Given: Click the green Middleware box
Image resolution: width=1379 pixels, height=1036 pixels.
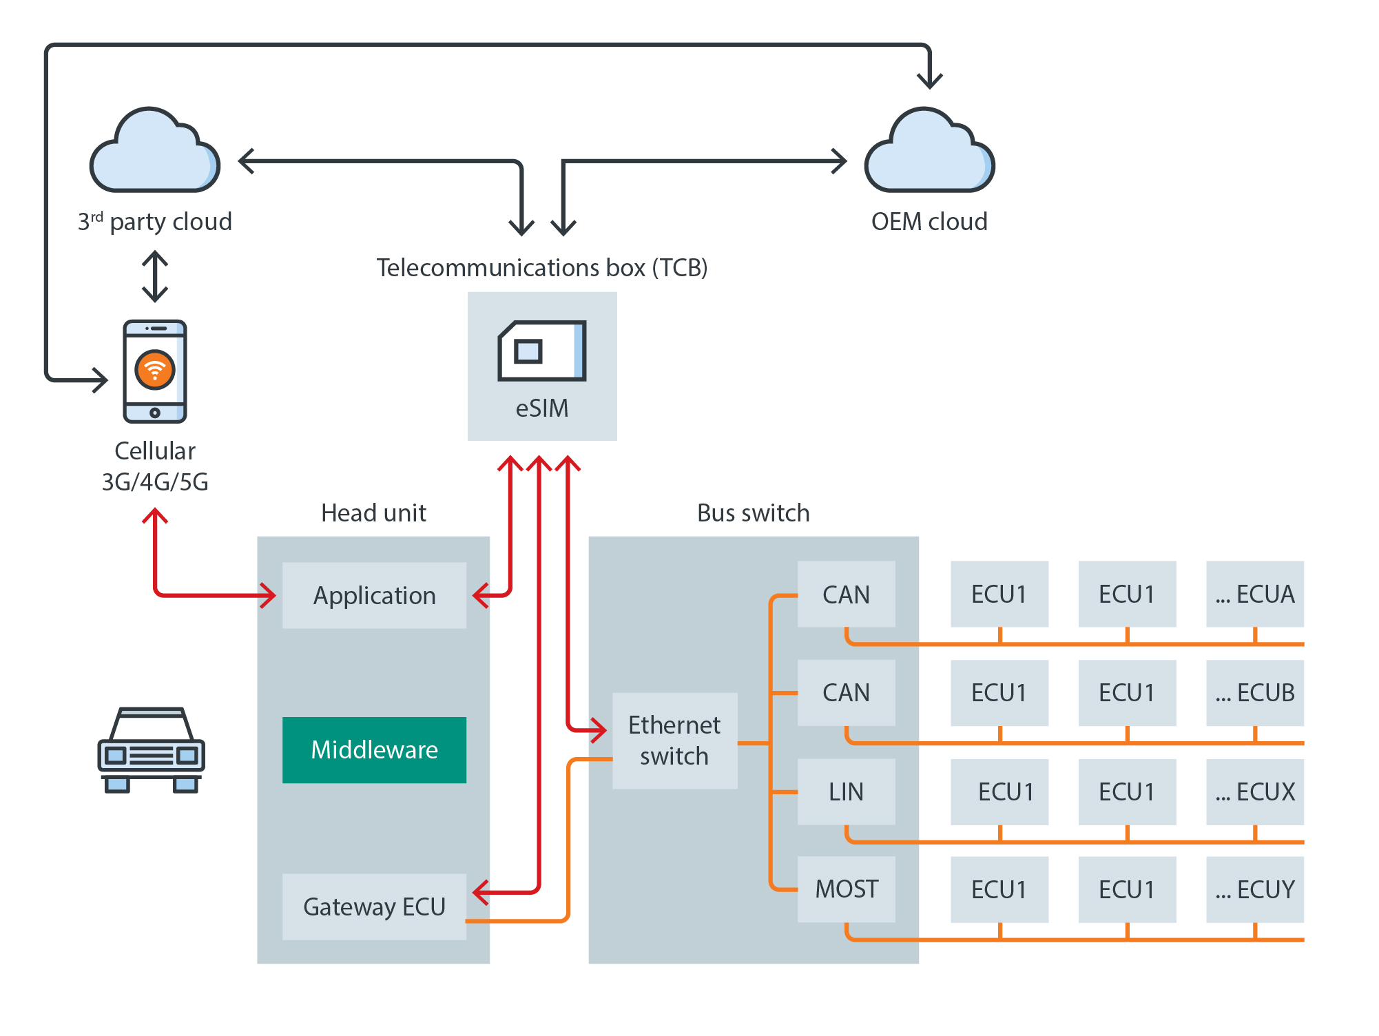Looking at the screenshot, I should (x=374, y=749).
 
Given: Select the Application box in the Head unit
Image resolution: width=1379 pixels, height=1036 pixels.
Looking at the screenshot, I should (x=374, y=595).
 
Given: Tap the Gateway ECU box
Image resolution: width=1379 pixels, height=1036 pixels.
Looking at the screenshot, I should (x=374, y=906).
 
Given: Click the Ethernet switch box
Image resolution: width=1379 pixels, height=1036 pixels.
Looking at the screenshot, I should (x=674, y=740).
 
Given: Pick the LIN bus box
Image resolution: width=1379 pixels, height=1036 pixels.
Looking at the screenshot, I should (x=846, y=791).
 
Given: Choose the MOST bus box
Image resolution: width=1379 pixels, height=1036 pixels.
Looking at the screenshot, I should (x=846, y=889).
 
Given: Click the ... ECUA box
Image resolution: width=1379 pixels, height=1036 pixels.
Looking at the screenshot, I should (x=1254, y=594).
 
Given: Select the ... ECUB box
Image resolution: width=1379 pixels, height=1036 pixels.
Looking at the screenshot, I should (x=1254, y=692).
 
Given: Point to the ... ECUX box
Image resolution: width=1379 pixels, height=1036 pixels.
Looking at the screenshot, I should (x=1254, y=791).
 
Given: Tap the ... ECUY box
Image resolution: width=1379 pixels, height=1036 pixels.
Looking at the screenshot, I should (x=1254, y=889).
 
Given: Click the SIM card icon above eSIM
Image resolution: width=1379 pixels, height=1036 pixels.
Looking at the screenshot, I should (x=542, y=351).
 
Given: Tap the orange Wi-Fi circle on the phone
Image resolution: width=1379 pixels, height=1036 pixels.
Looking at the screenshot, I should (x=155, y=370).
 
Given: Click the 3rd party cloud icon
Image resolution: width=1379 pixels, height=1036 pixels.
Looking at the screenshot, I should (x=155, y=151).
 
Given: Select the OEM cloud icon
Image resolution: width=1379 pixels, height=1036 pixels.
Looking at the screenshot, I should (x=929, y=151).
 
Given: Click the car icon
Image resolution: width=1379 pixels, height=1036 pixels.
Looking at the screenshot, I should (x=152, y=750).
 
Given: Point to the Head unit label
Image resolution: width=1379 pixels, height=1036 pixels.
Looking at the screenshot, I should (x=373, y=513).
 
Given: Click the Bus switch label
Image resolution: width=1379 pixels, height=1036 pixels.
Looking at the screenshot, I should (x=753, y=513).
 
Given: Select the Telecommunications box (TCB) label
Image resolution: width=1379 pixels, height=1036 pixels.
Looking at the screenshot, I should (x=542, y=267).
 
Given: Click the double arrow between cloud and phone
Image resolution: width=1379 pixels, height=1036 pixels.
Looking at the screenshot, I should (x=155, y=276).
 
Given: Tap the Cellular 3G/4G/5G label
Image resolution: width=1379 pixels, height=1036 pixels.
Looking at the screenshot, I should (x=155, y=466).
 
